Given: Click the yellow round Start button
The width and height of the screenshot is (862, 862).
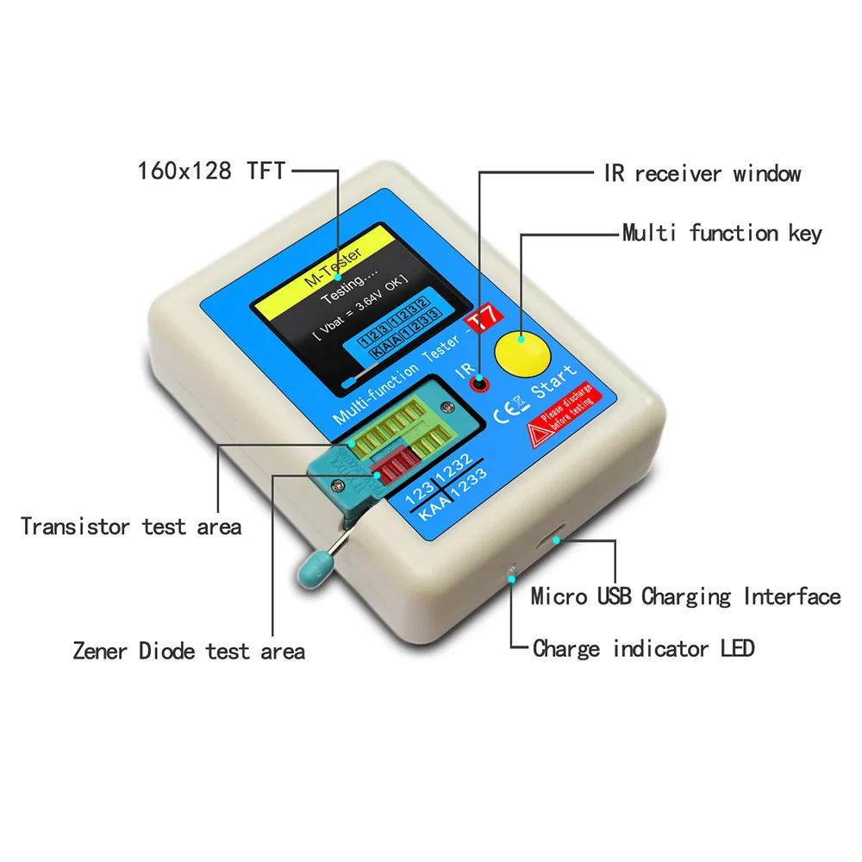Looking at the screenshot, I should coord(521,352).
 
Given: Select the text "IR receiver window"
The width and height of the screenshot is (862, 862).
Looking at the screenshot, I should coord(702,173).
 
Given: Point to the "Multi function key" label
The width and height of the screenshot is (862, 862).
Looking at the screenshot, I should coord(721,233).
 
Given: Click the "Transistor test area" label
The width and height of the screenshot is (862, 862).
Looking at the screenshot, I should coord(131,526).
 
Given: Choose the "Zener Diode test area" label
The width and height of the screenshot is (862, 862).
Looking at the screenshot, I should coord(189,650).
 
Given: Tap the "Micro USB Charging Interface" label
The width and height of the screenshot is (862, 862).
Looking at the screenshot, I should coord(685,597).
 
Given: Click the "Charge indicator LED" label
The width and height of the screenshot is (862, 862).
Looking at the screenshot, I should coord(643,648).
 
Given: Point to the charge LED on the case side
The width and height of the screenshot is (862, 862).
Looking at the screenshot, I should coord(511,571).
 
